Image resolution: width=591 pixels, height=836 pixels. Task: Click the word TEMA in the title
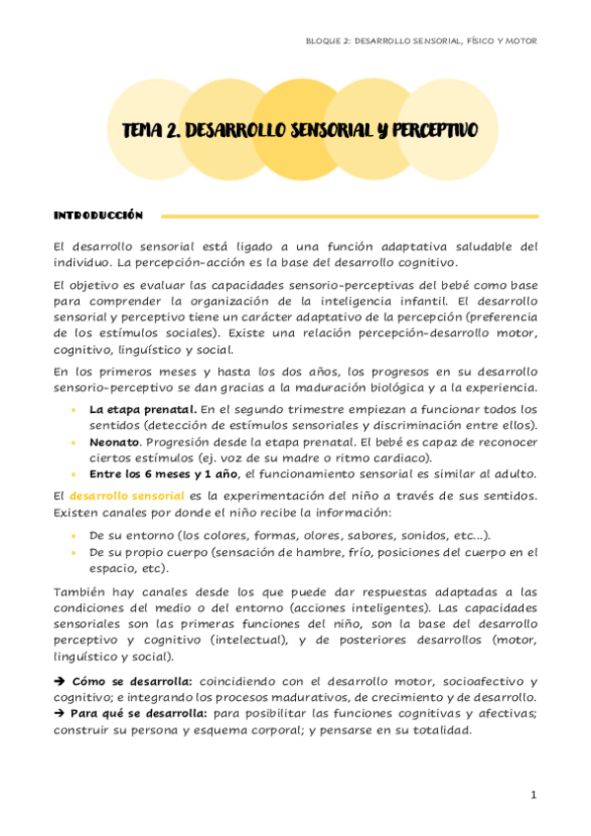[141, 130]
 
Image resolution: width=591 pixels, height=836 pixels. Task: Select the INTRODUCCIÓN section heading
[99, 215]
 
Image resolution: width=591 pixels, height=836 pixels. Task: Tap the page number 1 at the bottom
[533, 795]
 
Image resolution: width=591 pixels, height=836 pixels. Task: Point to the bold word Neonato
[114, 444]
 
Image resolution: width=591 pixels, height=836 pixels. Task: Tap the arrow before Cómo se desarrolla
[59, 681]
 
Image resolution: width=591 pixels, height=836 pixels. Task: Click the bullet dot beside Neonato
[74, 444]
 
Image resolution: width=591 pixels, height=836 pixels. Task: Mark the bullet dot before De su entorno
[74, 535]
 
